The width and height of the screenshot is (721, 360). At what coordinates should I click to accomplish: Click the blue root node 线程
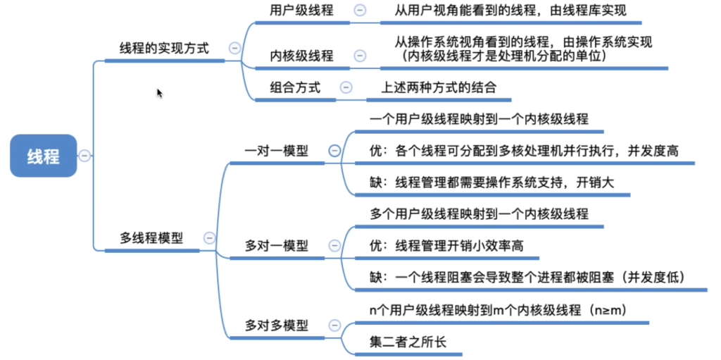coord(43,156)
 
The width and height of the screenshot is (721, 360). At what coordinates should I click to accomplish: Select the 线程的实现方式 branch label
coord(164,48)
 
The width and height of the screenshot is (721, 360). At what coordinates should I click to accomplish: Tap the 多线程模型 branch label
coord(151,238)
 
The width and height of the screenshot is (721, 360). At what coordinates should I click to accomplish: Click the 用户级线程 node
coord(301,11)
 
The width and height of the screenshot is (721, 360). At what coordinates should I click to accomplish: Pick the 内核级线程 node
coord(301,56)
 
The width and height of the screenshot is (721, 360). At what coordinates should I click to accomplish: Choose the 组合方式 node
coord(295,87)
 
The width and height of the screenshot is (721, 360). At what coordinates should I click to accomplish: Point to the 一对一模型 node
coord(277,151)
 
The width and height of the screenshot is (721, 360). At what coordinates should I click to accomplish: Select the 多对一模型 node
coord(277,246)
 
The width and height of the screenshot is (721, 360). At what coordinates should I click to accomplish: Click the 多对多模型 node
coord(277,325)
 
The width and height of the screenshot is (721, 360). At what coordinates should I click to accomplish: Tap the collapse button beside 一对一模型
coord(334,151)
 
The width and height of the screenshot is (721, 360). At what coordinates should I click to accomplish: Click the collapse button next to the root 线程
coord(84,156)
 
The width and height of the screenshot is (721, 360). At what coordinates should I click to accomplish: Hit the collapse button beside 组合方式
coord(346,87)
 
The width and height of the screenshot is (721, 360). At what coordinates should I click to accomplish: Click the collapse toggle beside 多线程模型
coord(209,238)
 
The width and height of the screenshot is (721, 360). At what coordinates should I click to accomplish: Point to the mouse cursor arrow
coord(160,93)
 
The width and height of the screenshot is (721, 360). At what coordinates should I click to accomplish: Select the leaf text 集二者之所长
coord(408,342)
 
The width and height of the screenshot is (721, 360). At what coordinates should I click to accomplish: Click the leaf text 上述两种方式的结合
coord(439,87)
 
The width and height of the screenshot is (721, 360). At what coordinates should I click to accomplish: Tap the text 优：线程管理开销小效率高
coord(447,246)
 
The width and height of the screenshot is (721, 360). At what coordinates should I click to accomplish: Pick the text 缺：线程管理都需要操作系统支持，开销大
coord(492,182)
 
